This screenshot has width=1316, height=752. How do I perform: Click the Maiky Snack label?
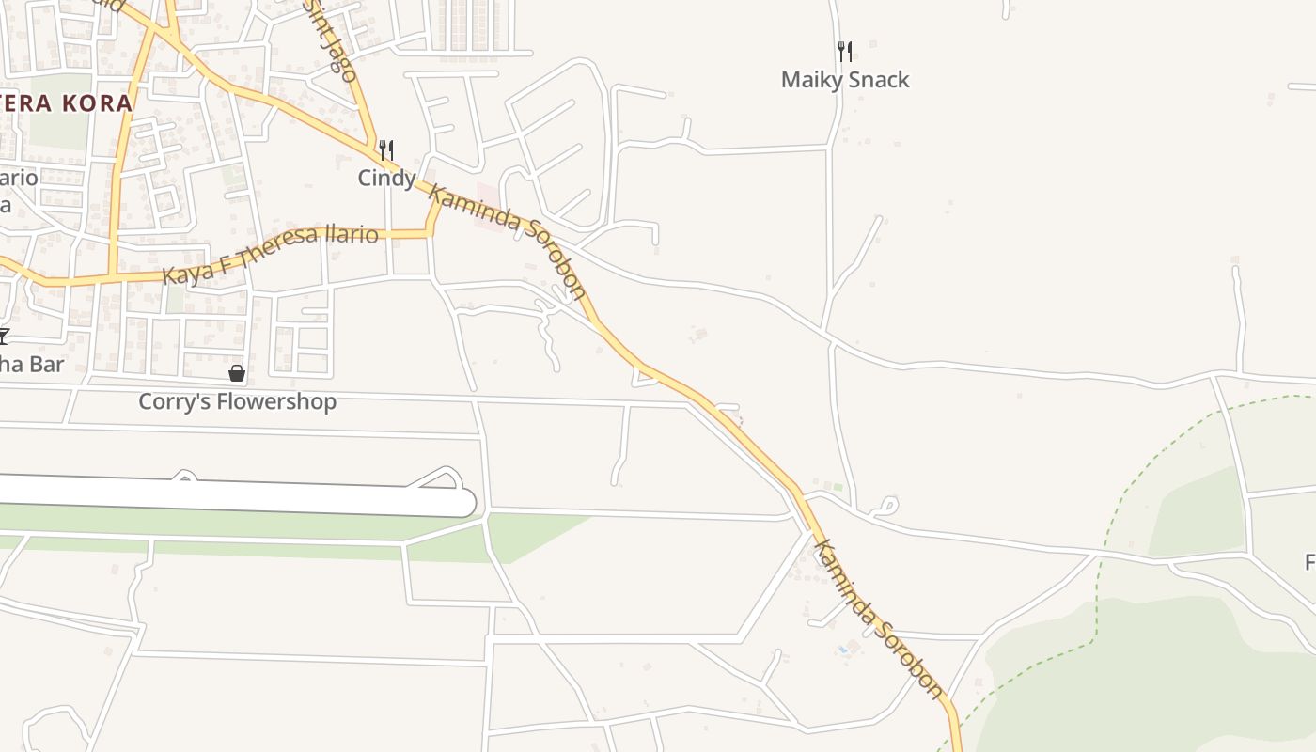coord(845,80)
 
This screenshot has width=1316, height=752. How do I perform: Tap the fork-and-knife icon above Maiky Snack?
coord(845,52)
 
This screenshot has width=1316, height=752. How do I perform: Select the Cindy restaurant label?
coord(386,178)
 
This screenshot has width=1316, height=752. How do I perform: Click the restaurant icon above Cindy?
coord(385,149)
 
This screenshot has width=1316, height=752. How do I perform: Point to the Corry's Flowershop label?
coord(237,402)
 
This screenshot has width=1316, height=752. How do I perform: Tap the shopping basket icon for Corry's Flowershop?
coord(237,374)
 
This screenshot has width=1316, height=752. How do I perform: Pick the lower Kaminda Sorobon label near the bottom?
coord(878,619)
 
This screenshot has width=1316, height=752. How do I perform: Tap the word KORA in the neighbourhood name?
coord(98,103)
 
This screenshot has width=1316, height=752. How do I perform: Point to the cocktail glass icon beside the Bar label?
coord(3,336)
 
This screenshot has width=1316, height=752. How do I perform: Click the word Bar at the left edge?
coord(44,364)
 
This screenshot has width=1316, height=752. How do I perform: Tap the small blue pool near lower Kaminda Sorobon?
coord(843,649)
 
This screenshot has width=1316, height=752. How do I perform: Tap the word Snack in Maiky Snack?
coord(879,80)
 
